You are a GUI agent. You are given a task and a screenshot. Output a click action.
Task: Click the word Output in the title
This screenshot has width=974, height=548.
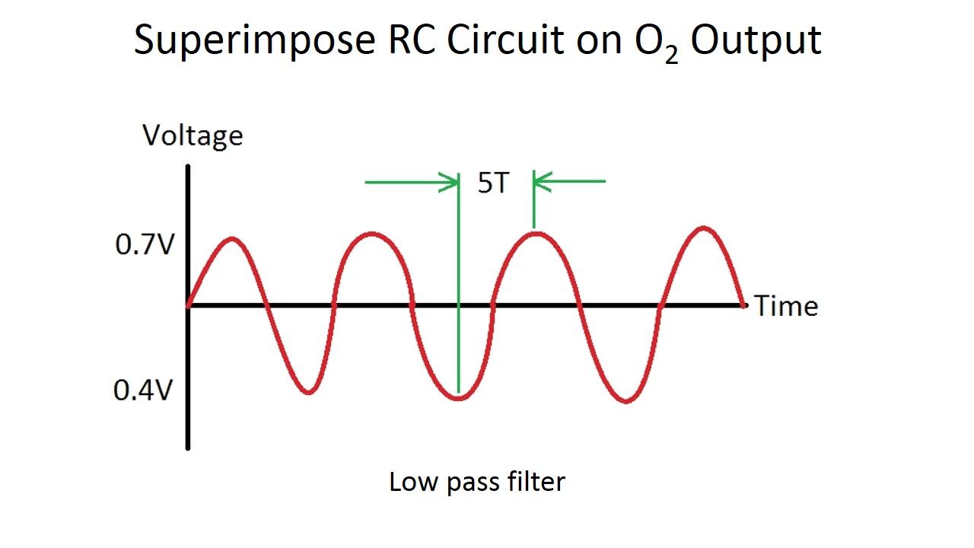(x=756, y=40)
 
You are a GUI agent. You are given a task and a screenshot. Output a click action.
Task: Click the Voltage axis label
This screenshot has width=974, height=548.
(x=193, y=135)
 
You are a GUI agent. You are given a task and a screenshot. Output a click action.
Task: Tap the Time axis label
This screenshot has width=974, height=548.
(x=786, y=306)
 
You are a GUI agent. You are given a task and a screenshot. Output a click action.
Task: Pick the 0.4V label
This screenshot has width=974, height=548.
(x=142, y=390)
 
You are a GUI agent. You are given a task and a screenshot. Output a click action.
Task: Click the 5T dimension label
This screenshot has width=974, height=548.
(x=492, y=183)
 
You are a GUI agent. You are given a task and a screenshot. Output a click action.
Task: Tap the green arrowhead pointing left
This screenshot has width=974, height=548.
(x=542, y=182)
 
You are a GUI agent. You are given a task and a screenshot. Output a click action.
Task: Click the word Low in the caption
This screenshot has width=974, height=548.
(x=409, y=482)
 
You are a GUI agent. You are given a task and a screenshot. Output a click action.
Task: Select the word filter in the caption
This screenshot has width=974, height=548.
(x=537, y=482)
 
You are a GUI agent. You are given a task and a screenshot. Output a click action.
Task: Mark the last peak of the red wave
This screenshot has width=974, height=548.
(x=704, y=228)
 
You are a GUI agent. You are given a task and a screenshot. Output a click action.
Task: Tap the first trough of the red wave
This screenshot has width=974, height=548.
(x=308, y=392)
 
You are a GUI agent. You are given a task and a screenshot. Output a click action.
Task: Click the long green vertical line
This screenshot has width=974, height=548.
(x=459, y=289)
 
